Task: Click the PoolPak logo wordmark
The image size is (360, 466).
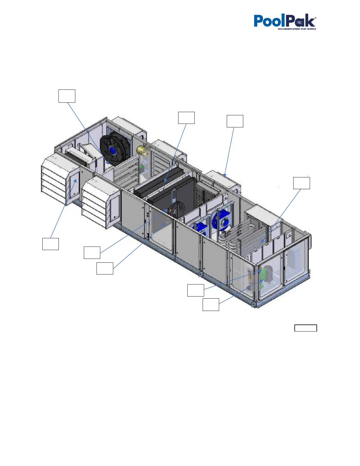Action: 284,21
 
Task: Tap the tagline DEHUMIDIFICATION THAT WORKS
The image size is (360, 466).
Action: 297,29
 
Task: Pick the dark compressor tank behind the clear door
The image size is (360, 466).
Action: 268,274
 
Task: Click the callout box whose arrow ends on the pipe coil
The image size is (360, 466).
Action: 301,183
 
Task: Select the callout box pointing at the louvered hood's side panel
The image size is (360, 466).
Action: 50,244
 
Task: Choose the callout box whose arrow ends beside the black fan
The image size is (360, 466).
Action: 67,96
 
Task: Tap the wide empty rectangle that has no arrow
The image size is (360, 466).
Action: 306,328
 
